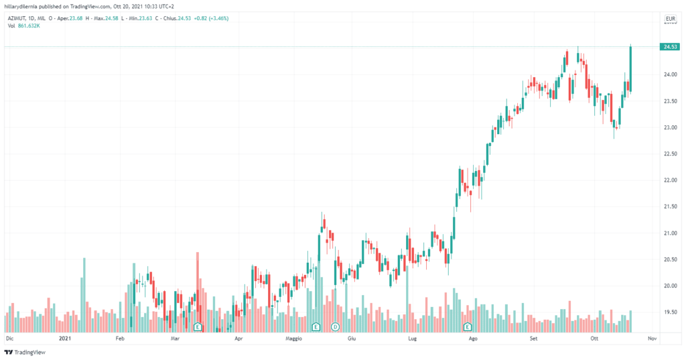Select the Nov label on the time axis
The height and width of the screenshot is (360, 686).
point(652,339)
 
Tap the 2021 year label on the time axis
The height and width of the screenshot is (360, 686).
point(65,339)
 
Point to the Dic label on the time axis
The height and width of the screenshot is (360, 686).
point(9,339)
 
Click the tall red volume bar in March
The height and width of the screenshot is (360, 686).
point(198,288)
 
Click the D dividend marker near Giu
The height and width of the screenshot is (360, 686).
point(335,326)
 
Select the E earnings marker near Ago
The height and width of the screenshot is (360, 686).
point(468,326)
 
